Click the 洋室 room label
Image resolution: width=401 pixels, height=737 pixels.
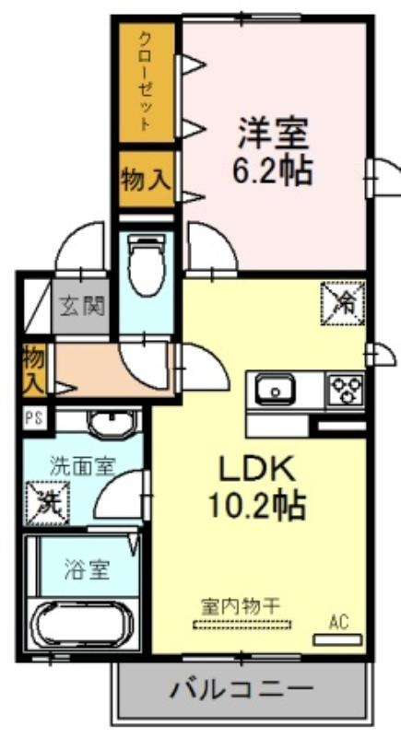pos(273,133)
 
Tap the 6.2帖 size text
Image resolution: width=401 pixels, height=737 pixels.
pos(273,170)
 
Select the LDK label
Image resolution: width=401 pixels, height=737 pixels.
pos(258,469)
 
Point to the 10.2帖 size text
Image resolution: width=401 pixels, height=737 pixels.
pos(257,505)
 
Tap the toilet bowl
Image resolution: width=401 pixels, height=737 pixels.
pos(147,265)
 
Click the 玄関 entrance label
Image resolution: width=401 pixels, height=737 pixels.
pos(81,307)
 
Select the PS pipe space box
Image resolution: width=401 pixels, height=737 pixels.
pos(35,418)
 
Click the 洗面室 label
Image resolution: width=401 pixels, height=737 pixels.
pos(82,468)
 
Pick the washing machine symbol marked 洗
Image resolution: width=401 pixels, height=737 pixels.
pos(48,502)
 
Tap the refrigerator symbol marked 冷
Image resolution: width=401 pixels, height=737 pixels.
pos(343,303)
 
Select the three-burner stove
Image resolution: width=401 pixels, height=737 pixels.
pos(347,389)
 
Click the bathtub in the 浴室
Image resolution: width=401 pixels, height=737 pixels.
pos(83,624)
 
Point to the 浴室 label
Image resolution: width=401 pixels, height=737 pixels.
pos(87,570)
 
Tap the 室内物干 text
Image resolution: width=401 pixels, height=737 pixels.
pos(241,606)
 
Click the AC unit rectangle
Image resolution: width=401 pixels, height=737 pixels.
pos(337,639)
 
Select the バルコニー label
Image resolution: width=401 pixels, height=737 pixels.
pos(241,689)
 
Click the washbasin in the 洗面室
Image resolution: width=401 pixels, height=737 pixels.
pos(113,424)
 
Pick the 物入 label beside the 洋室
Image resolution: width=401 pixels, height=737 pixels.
pos(145,180)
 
